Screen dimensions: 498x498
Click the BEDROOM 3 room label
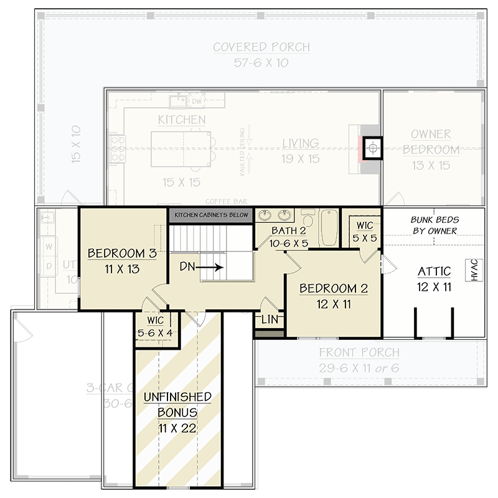click(121, 254)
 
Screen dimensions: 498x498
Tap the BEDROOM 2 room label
click(334, 289)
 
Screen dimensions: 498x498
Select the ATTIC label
click(435, 271)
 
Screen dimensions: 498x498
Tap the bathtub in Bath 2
click(329, 228)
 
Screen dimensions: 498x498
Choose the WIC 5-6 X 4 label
click(157, 326)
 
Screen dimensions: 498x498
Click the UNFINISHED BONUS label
click(177, 405)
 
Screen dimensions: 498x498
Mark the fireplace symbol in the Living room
click(372, 148)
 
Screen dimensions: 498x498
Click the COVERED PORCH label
click(261, 47)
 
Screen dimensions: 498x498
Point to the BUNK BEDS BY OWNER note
click(434, 225)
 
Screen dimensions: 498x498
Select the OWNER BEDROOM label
click(431, 142)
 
